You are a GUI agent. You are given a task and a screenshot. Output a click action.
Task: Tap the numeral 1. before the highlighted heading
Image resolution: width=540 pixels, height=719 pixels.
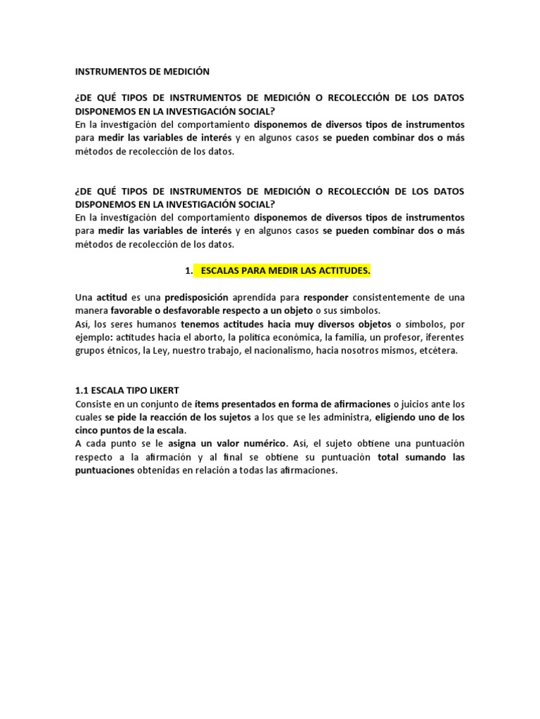pyautogui.click(x=188, y=270)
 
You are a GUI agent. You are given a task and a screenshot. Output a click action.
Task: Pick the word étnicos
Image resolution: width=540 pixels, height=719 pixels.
pyautogui.click(x=120, y=350)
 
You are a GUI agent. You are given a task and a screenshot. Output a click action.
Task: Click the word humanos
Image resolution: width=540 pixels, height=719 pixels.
pyautogui.click(x=157, y=324)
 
